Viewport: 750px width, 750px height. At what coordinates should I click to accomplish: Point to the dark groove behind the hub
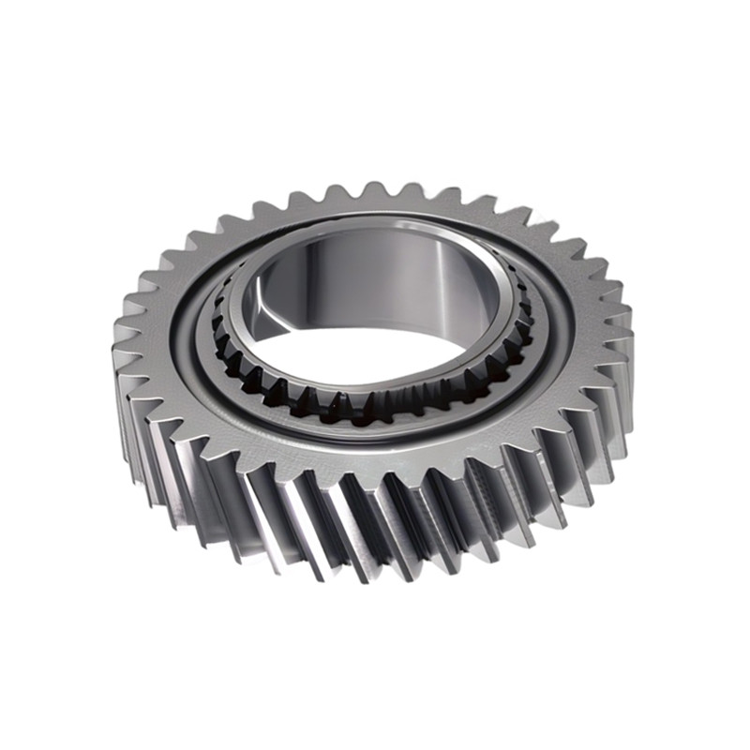click(x=375, y=217)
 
